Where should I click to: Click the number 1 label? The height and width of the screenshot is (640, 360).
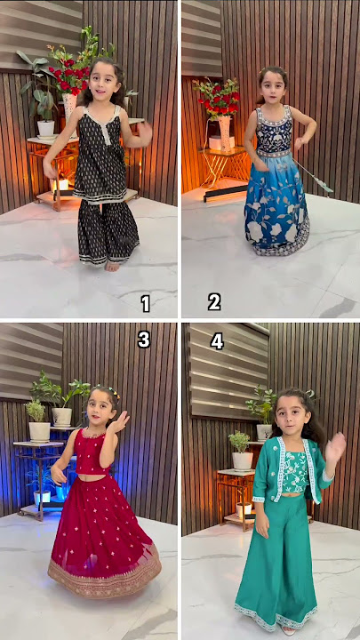pos(145,303)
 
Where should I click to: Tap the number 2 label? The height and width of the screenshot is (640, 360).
pos(214,302)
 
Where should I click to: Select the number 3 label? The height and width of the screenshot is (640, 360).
pos(144,339)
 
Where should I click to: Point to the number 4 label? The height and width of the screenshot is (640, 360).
pos(217,341)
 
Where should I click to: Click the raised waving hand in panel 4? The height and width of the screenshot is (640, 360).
pos(335,447)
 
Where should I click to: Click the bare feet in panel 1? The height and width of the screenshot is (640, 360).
pos(111,265)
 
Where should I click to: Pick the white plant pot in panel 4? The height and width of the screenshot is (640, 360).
pos(242,460)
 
